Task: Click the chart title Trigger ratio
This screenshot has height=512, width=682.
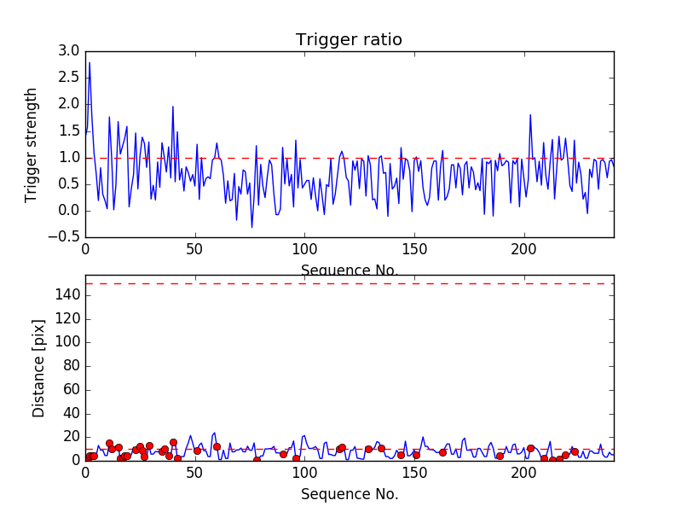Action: click(349, 40)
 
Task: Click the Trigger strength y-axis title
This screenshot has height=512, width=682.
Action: click(32, 144)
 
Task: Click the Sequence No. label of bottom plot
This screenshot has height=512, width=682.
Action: click(350, 494)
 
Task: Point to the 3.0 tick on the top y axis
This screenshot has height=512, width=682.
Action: click(69, 51)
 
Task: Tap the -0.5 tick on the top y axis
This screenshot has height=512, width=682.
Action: click(66, 237)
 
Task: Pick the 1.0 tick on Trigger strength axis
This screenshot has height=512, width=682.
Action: click(69, 158)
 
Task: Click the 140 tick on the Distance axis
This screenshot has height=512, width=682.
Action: click(66, 295)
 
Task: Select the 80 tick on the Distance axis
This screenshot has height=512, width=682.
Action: click(71, 366)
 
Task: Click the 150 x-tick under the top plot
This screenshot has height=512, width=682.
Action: click(414, 249)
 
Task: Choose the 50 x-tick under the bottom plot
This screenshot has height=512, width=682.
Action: click(194, 472)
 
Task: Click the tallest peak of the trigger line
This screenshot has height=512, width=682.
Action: click(90, 62)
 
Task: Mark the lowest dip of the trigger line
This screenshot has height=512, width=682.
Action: click(251, 227)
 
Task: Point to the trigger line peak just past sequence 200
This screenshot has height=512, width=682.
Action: click(530, 114)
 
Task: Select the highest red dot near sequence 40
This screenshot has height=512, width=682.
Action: click(173, 442)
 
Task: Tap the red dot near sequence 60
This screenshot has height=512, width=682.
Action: click(217, 446)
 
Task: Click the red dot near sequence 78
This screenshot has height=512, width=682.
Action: click(257, 460)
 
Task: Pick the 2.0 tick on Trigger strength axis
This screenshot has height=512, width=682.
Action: click(69, 104)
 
